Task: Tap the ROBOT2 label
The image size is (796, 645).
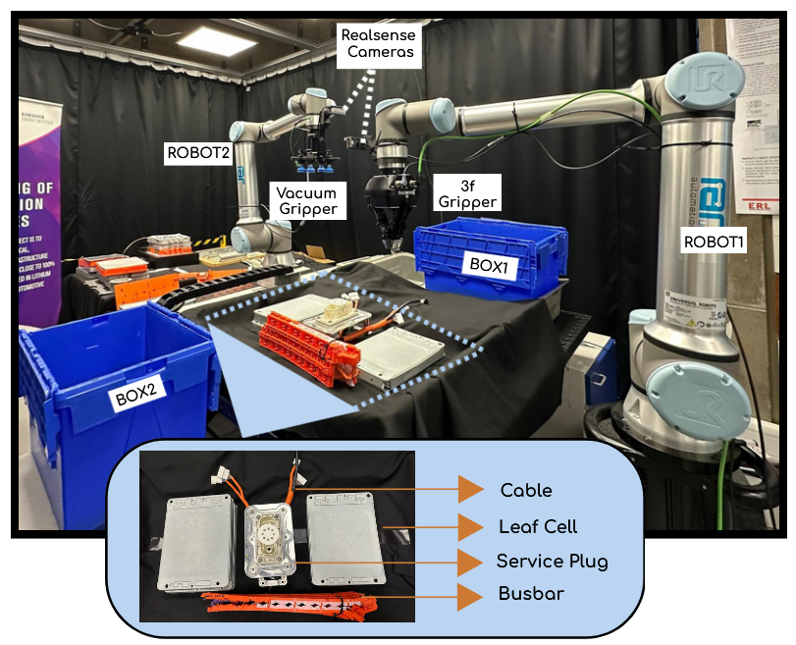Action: click(198, 152)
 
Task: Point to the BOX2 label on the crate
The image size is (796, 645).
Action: click(138, 398)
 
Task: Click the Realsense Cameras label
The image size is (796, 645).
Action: click(378, 42)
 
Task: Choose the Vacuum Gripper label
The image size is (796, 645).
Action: click(306, 201)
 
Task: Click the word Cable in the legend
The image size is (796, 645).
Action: click(526, 490)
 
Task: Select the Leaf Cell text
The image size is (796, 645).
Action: click(539, 526)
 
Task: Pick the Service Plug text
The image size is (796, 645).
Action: click(552, 562)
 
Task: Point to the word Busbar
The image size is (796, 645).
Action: click(531, 595)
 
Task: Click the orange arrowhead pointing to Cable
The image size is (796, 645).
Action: click(471, 490)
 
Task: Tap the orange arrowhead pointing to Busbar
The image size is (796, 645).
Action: click(471, 595)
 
